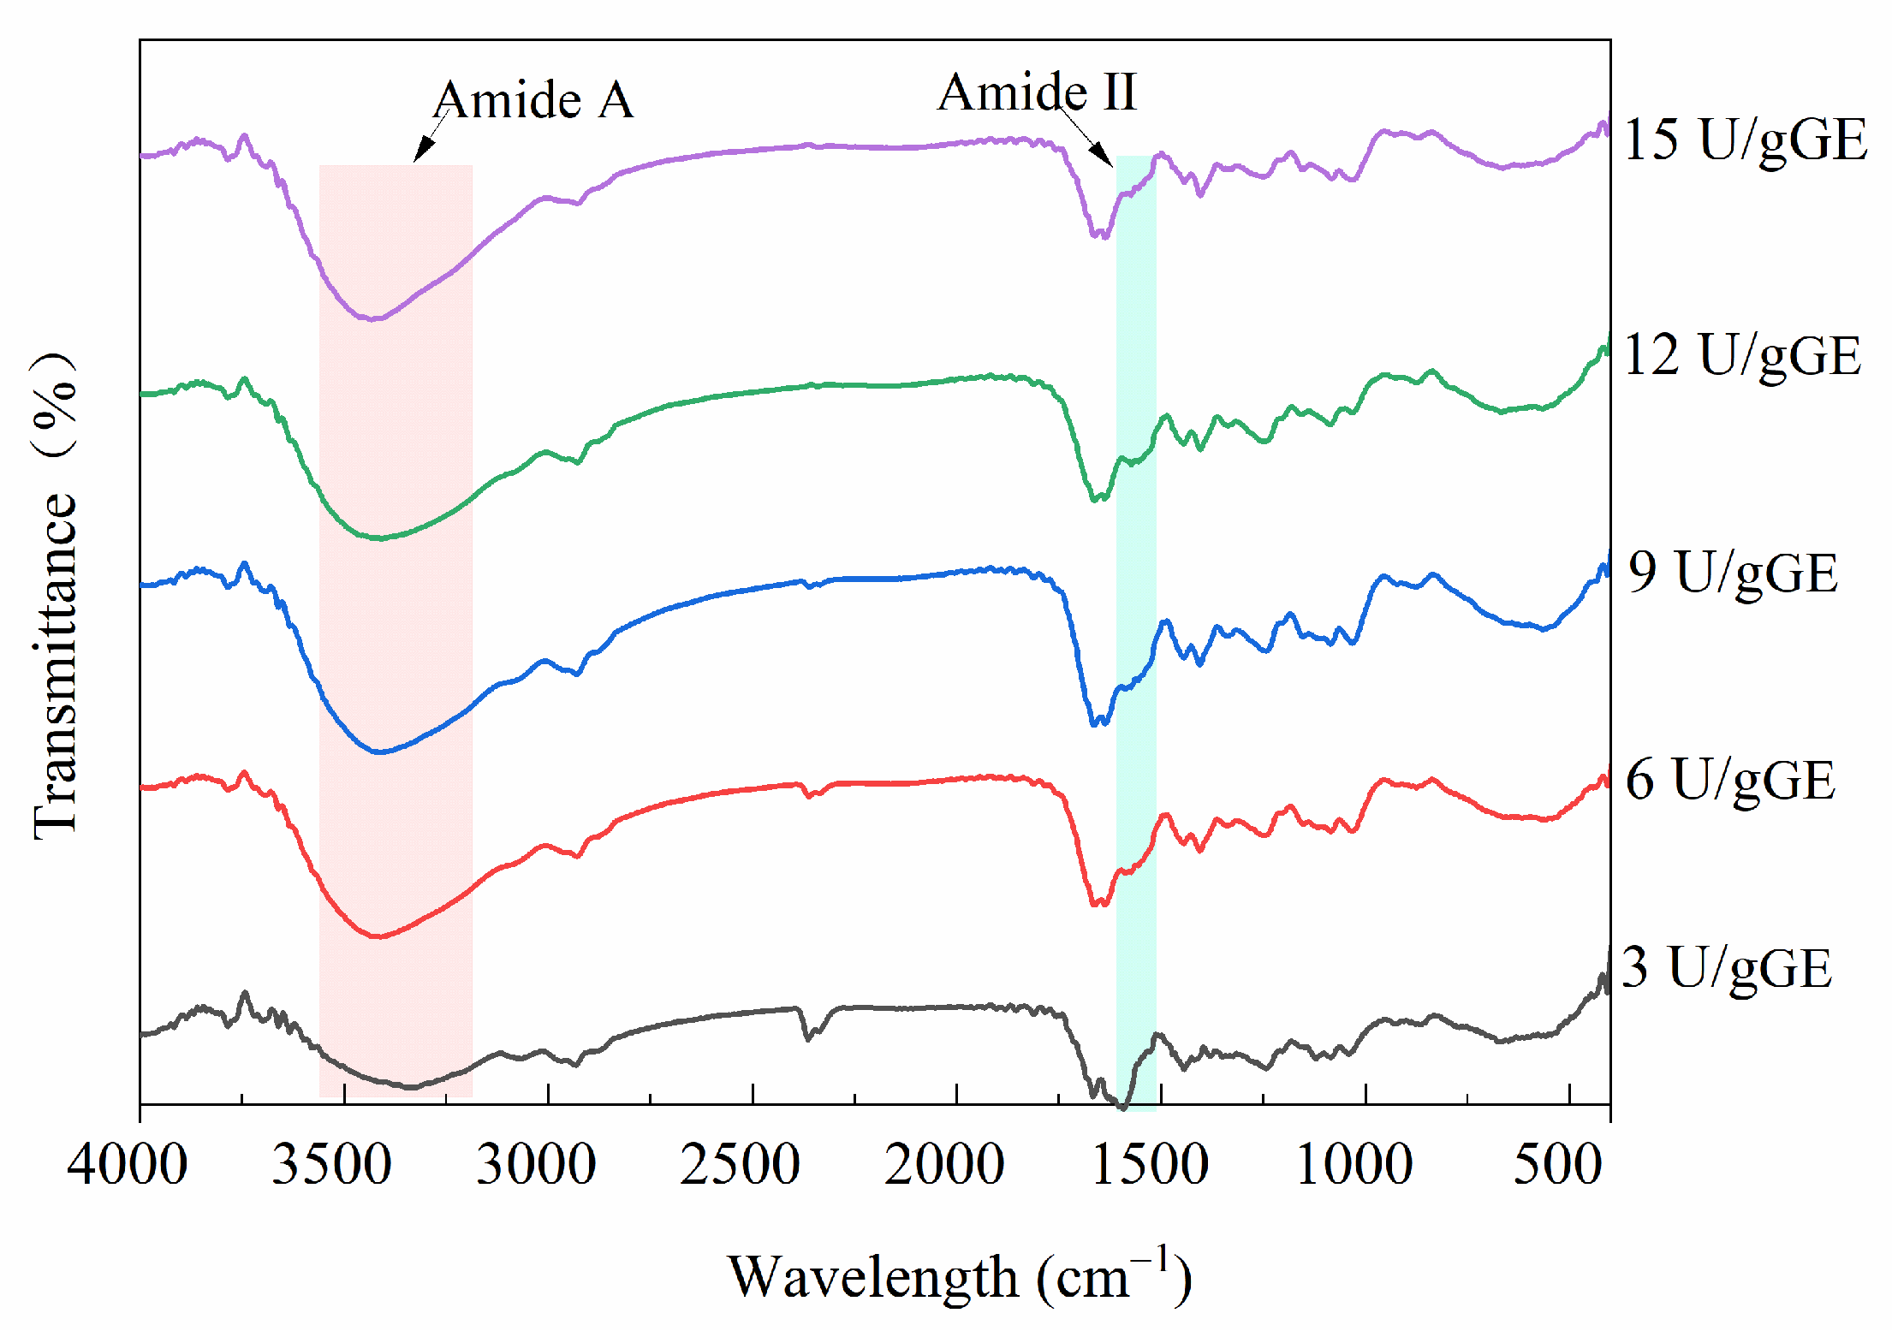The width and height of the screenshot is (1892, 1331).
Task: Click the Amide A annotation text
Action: (533, 101)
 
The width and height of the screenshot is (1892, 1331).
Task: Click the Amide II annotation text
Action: (1037, 92)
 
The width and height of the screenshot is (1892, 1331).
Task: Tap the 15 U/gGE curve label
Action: (1745, 140)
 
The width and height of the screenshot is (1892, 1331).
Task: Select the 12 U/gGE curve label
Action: (1742, 355)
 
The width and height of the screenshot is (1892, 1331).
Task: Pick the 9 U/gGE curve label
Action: (1732, 572)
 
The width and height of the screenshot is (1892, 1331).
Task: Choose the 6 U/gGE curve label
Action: (1729, 780)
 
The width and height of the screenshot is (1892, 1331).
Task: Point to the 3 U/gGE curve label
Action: (1727, 968)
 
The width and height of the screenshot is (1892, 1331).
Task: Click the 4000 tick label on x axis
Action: (128, 1166)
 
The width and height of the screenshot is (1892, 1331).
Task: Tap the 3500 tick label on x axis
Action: (332, 1166)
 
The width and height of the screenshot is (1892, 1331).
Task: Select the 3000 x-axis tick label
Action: (537, 1166)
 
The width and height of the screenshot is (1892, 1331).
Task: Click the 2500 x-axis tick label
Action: (741, 1166)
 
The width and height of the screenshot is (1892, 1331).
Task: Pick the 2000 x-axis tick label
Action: (944, 1166)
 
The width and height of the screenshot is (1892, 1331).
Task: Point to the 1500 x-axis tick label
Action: (1150, 1166)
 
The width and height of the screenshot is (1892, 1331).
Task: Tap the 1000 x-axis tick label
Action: (1354, 1166)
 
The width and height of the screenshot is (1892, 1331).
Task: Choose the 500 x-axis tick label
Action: (1557, 1166)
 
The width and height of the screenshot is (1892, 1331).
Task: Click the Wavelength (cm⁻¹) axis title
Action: (959, 1277)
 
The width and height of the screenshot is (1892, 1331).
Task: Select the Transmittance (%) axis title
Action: (57, 595)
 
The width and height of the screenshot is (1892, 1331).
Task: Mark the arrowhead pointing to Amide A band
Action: (420, 153)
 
